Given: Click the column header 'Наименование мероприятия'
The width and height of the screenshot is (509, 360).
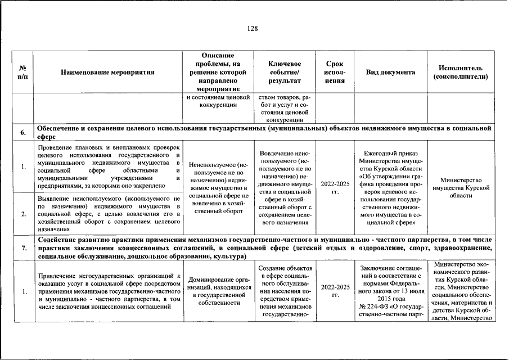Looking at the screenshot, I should coord(107,73).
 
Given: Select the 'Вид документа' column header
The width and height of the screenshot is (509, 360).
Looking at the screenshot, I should coord(390,73).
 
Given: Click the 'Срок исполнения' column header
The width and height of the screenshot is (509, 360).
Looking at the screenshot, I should coord(335,73).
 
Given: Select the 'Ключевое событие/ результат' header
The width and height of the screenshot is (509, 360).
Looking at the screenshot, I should coord(285,73).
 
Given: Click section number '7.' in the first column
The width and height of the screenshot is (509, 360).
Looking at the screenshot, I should coord(24,247).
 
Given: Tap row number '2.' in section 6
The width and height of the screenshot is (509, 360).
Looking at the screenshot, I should coord(24,214).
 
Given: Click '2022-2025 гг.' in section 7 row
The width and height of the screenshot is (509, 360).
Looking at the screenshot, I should coord(335,291).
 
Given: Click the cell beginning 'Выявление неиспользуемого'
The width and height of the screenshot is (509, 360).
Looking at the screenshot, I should coord(107,214).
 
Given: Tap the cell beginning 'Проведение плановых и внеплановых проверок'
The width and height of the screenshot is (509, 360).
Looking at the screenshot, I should coord(107,166).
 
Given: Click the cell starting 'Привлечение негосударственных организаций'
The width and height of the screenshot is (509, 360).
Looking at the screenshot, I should coord(107,291).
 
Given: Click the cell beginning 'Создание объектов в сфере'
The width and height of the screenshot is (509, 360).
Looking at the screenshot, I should coord(285,291).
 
